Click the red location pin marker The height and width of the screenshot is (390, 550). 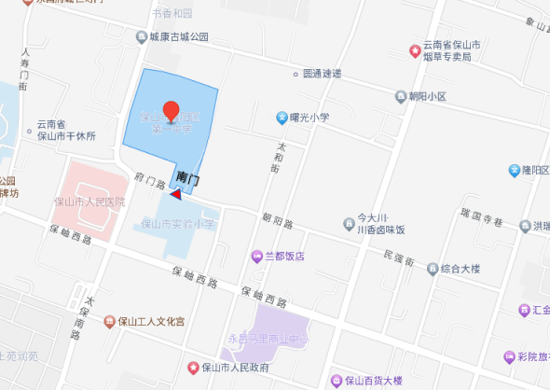pyautogui.click(x=171, y=110)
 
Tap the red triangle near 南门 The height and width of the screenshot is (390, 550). pyautogui.click(x=175, y=194)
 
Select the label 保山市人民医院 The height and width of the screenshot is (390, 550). pyautogui.click(x=89, y=201)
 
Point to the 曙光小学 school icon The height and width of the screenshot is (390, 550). pyautogui.click(x=281, y=118)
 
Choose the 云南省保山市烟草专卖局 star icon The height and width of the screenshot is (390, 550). pyautogui.click(x=414, y=46)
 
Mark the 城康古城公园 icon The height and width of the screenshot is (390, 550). pyautogui.click(x=139, y=37)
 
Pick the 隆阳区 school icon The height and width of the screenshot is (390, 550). pyautogui.click(x=513, y=170)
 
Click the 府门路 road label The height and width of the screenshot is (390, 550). pyautogui.click(x=150, y=180)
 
